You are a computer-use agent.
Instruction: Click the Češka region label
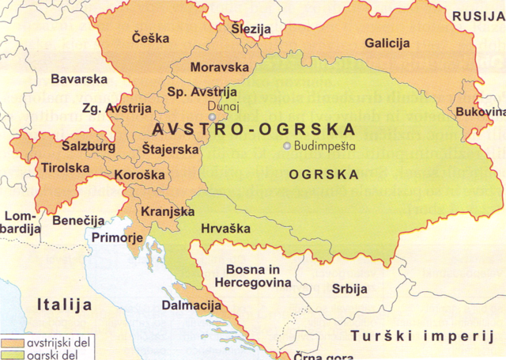coord(149,38)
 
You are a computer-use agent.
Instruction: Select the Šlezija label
coord(251,29)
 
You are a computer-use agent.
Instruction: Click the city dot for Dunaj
coord(212,118)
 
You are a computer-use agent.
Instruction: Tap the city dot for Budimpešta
coord(287,146)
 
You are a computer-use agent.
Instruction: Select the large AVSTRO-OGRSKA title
coord(253,129)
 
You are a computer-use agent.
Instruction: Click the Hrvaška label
coord(225,229)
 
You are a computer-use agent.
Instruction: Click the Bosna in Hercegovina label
coord(258,276)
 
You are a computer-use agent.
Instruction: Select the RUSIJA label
coord(478,16)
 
